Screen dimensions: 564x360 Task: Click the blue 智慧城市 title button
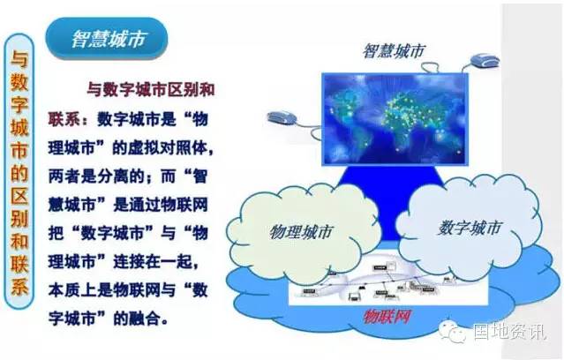[x=107, y=39]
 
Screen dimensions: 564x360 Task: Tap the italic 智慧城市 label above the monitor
[x=394, y=51]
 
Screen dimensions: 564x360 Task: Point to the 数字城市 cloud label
[x=470, y=228]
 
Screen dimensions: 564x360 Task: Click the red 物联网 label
[x=387, y=317]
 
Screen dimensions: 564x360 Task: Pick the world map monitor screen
[x=395, y=119]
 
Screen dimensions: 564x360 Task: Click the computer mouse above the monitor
[x=485, y=60]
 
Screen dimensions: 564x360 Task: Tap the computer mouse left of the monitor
[x=282, y=118]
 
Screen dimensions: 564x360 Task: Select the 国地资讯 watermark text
[x=509, y=331]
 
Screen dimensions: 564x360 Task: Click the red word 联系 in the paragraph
[x=64, y=119]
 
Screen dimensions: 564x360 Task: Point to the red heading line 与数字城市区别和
[x=151, y=89]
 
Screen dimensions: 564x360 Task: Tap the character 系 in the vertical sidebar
[x=19, y=287]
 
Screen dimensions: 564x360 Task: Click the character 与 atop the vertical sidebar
[x=19, y=58]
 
